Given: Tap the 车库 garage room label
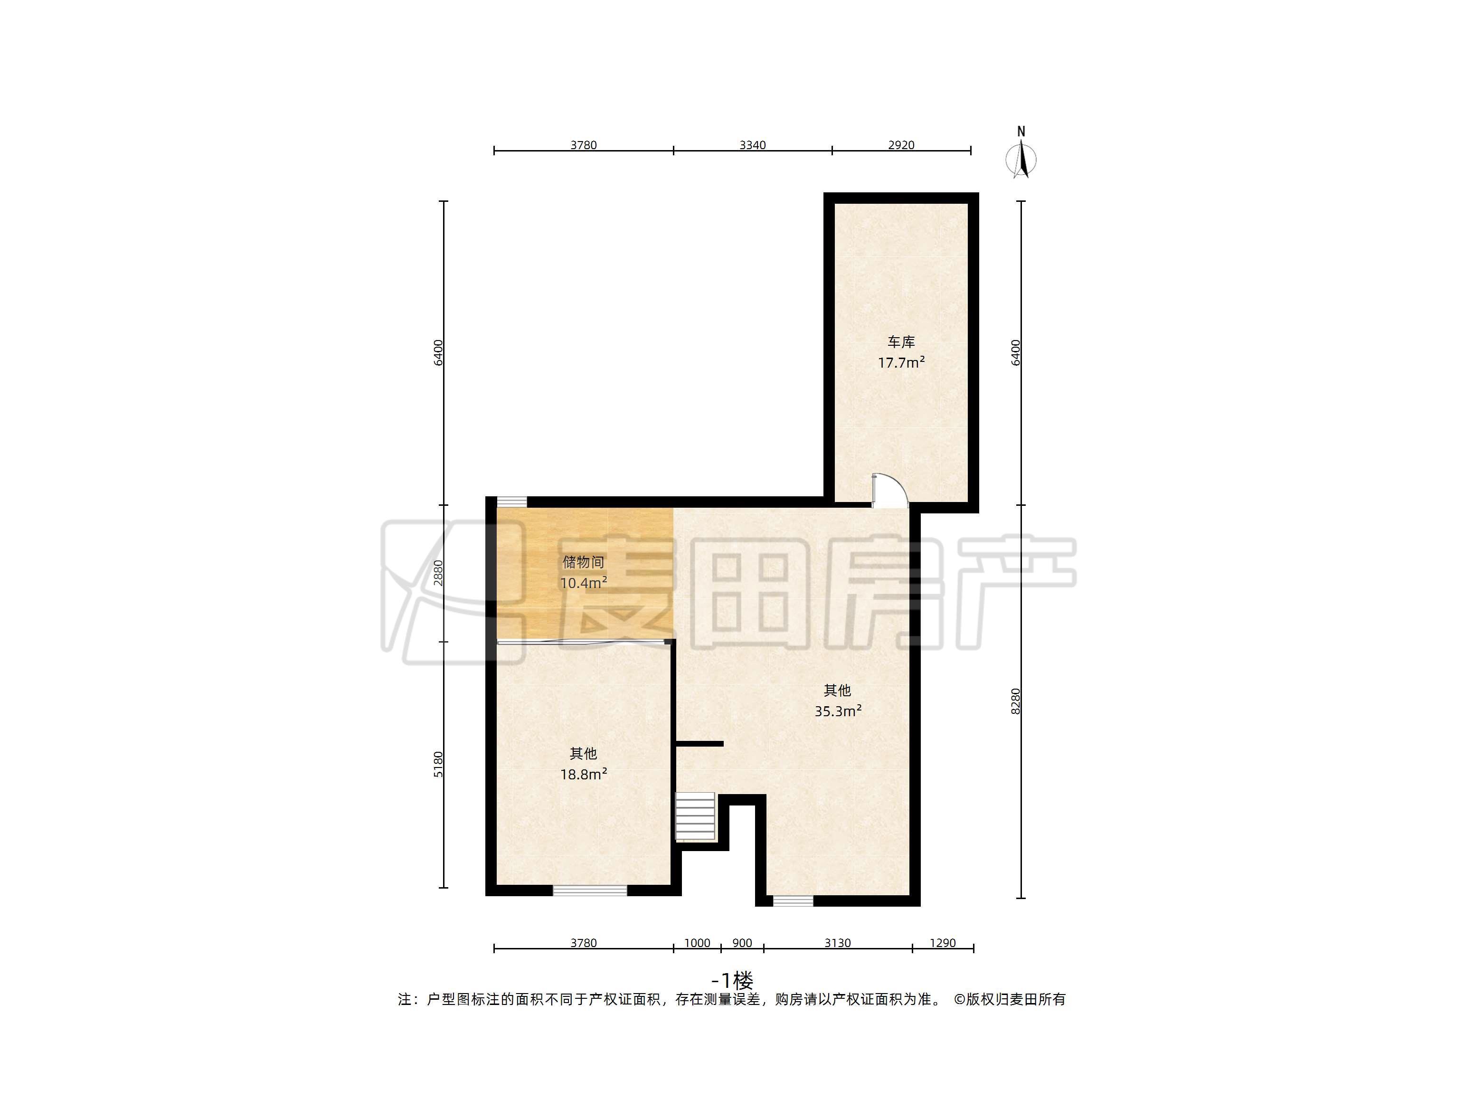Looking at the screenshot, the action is (901, 342).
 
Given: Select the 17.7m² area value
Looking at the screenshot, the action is (901, 362).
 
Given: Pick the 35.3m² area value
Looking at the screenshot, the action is (838, 711).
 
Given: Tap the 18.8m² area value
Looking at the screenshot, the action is (584, 774).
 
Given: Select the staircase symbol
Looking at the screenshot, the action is (695, 817).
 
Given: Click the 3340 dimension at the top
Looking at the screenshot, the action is (752, 145).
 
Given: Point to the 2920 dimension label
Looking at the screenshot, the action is (901, 145).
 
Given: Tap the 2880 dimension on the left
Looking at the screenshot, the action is (438, 573).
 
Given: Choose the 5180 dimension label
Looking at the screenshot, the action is (438, 765).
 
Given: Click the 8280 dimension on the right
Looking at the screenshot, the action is (1015, 701).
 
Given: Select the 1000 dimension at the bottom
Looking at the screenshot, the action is (697, 943).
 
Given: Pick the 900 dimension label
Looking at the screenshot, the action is (742, 943).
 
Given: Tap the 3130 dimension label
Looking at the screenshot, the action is (837, 943).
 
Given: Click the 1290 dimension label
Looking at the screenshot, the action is (943, 943).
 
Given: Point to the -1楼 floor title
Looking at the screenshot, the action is (732, 980).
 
